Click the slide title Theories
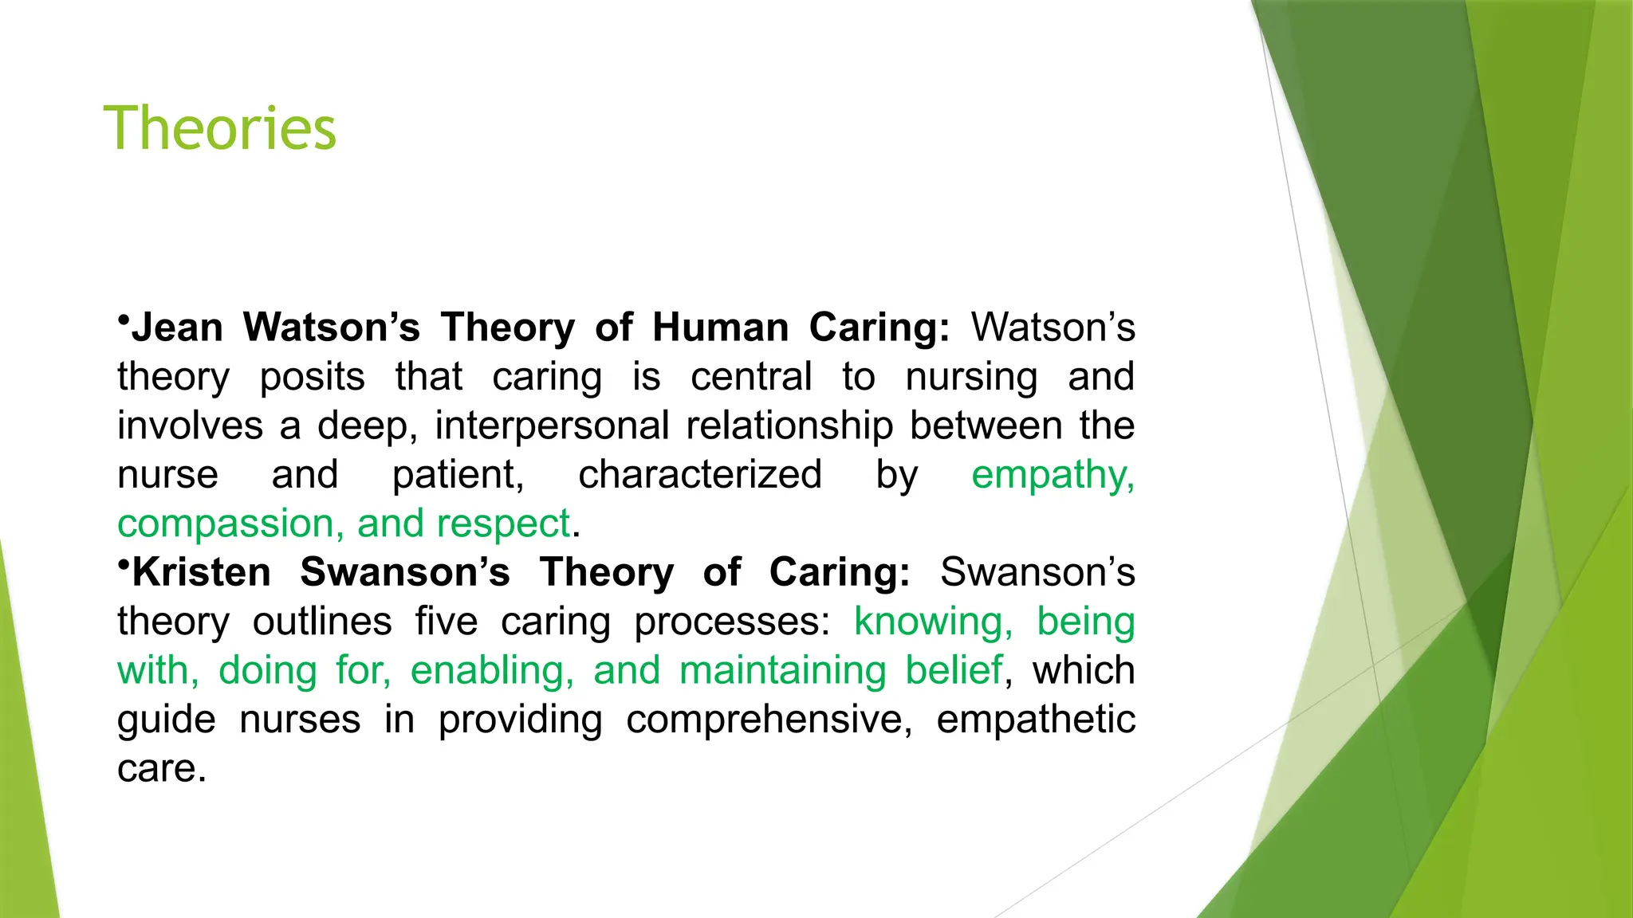220,127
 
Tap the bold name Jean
177,328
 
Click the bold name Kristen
202,572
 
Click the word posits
312,378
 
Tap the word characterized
700,475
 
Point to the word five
446,622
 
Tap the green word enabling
492,671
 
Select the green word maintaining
782,671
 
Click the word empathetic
1035,720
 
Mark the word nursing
971,378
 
